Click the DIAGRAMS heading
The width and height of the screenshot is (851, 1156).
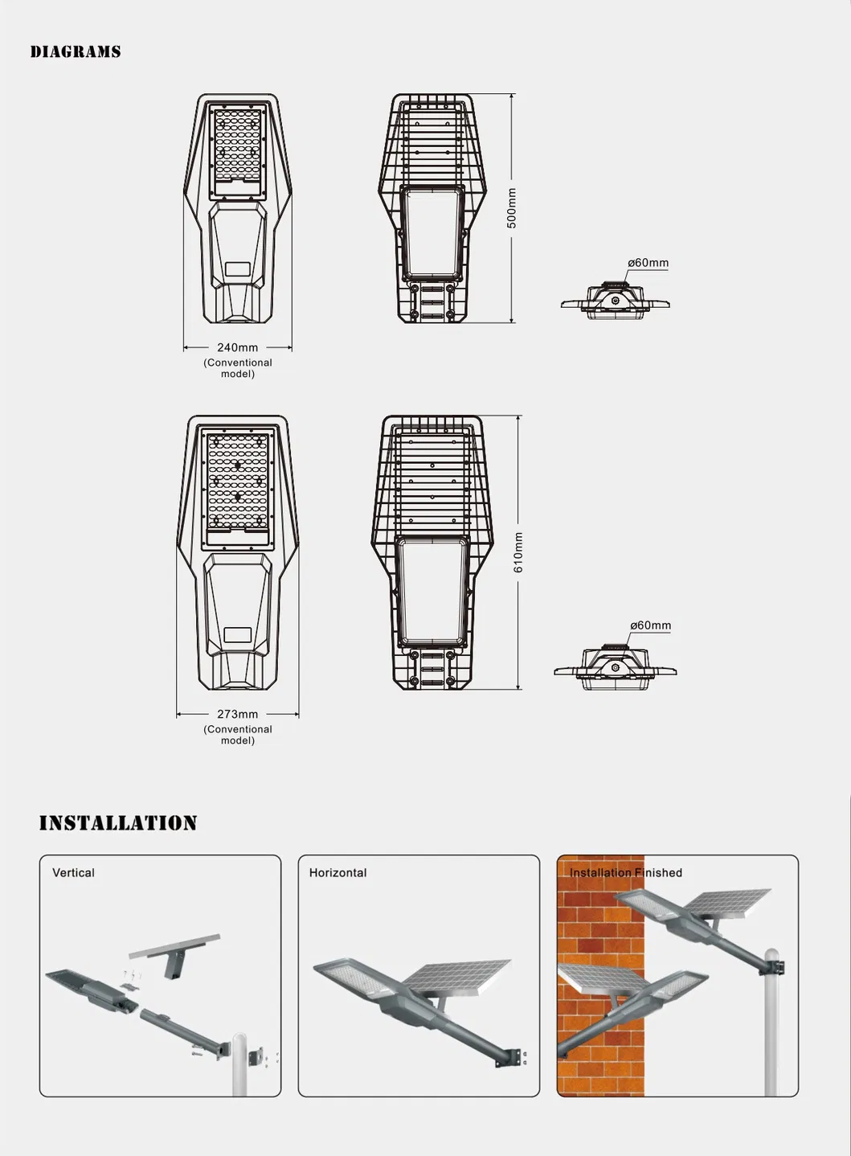click(x=76, y=51)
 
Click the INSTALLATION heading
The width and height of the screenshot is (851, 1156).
click(x=118, y=822)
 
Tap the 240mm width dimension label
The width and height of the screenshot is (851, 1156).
click(x=237, y=347)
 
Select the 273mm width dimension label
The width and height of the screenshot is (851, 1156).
click(x=237, y=714)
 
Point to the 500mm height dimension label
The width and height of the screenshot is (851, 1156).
click(x=512, y=208)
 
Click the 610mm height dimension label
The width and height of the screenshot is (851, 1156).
click(x=518, y=552)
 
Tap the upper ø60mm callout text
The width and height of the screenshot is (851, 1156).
click(x=648, y=263)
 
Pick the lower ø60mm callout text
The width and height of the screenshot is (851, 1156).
click(x=650, y=625)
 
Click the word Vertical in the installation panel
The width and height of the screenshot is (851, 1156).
click(x=73, y=873)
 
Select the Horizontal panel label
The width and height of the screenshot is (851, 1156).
click(x=338, y=873)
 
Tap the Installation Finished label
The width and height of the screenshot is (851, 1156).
click(x=626, y=873)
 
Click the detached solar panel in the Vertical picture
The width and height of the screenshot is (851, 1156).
click(x=174, y=947)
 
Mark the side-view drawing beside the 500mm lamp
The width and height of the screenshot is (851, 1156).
click(x=616, y=301)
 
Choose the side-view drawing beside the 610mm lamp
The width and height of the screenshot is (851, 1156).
click(x=616, y=666)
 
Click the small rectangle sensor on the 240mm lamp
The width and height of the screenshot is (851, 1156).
click(x=238, y=269)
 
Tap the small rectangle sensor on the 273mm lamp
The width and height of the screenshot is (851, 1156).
click(x=238, y=635)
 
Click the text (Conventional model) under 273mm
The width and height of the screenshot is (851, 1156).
click(x=237, y=735)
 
